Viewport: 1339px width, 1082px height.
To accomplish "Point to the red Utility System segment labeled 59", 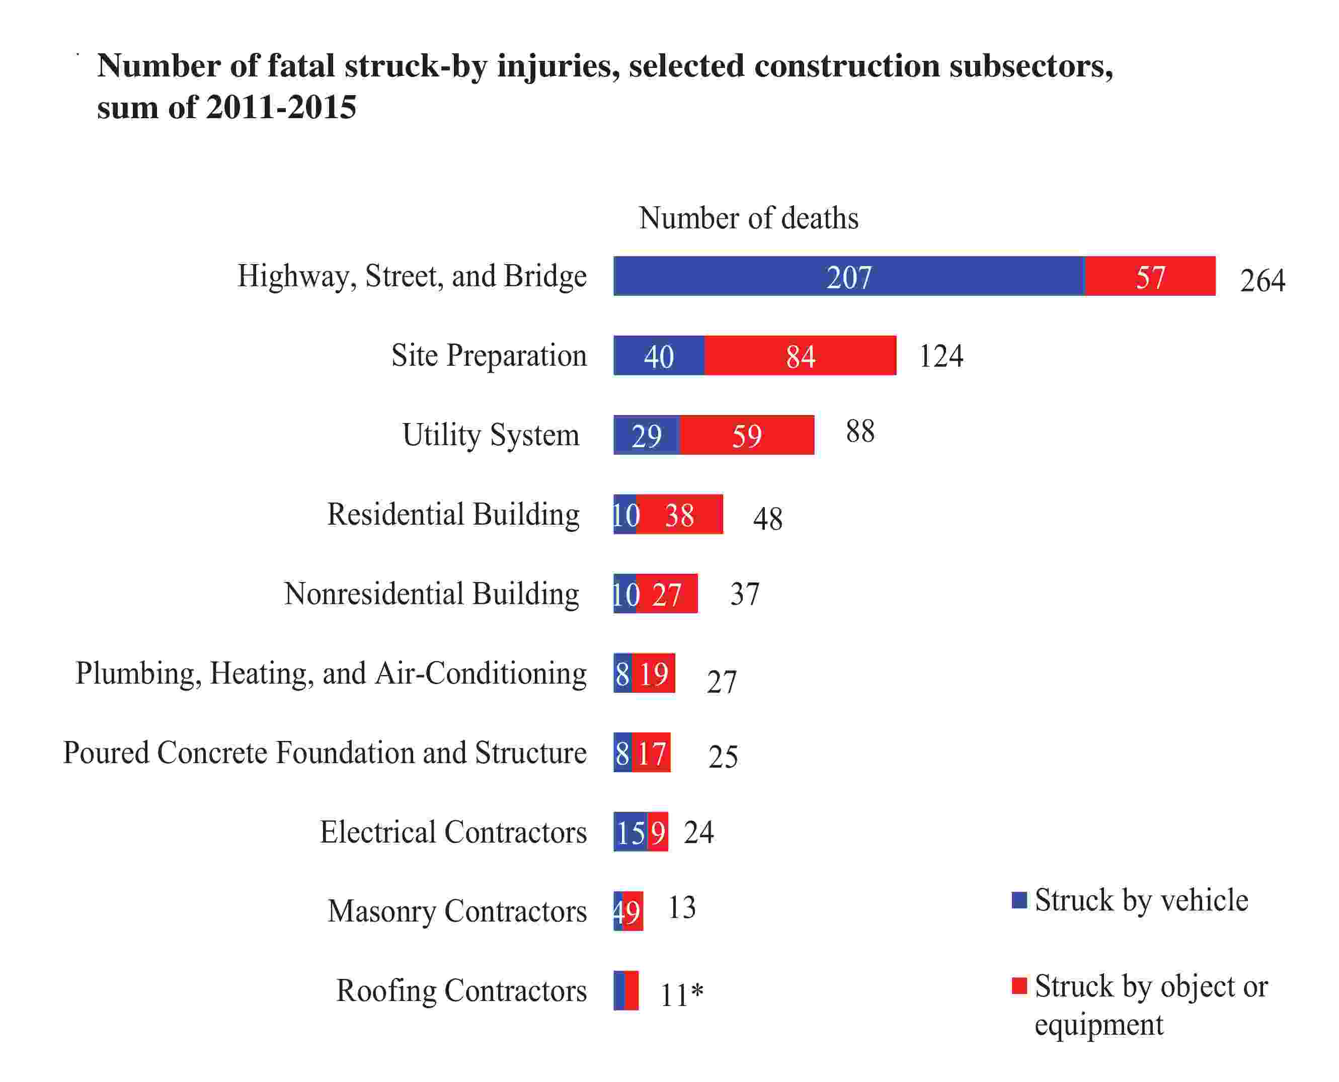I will (746, 435).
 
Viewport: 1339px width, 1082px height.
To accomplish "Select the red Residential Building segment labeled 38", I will (679, 514).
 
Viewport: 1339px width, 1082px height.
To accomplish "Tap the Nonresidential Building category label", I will (431, 594).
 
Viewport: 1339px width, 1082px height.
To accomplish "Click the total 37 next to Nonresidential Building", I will (744, 594).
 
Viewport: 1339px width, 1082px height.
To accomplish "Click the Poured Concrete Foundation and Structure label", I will (324, 753).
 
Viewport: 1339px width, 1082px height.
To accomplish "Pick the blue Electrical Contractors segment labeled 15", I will (629, 832).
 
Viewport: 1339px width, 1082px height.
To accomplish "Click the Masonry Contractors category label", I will (457, 911).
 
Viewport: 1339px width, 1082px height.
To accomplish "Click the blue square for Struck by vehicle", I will (1018, 900).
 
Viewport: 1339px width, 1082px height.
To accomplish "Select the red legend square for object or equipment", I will (1018, 986).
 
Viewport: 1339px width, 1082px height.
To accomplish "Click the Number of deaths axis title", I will (748, 218).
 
